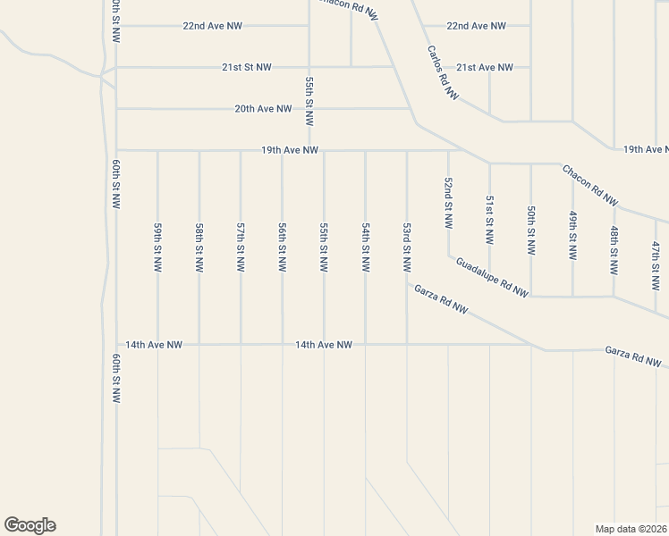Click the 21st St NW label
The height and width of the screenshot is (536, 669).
(247, 67)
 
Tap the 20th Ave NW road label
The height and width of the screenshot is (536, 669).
(263, 109)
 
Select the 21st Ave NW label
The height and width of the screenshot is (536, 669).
(485, 68)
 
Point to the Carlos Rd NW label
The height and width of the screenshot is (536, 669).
(442, 71)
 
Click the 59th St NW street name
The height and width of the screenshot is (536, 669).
(157, 247)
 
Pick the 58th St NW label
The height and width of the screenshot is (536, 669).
(199, 247)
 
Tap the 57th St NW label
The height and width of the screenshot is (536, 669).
(241, 247)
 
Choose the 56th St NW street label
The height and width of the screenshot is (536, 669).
(282, 247)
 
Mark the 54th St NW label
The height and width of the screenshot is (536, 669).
(365, 247)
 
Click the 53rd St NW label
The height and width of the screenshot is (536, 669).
(407, 247)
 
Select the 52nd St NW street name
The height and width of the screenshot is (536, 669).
(448, 202)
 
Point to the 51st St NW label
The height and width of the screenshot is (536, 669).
(489, 220)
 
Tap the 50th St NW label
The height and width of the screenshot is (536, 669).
(530, 229)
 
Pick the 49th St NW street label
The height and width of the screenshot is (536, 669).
(572, 235)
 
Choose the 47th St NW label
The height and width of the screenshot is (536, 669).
(656, 264)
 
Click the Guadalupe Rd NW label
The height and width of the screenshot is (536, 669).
(492, 277)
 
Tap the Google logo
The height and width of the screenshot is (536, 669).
(30, 525)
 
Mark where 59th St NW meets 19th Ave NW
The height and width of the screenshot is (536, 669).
(157, 150)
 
